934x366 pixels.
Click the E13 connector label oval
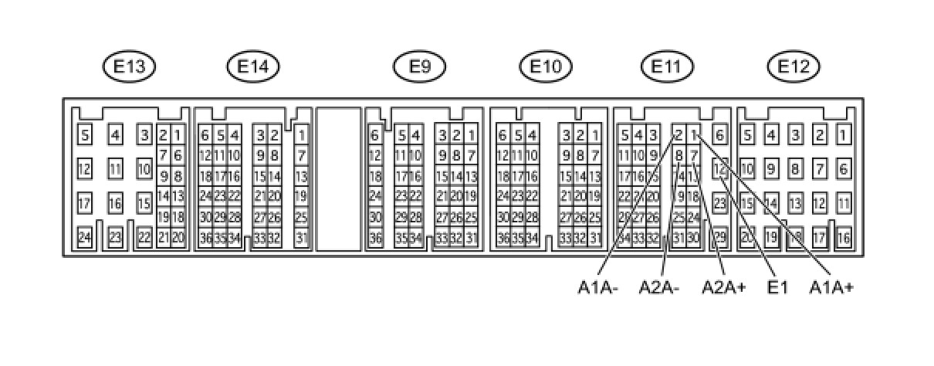click(129, 67)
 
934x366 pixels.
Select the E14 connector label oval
click(253, 67)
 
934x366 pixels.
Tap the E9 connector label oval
click(419, 67)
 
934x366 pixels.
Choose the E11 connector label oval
click(666, 67)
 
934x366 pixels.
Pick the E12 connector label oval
click(793, 67)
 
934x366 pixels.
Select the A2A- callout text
click(658, 288)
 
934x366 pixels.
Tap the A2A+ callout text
click(723, 288)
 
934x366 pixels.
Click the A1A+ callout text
click(831, 288)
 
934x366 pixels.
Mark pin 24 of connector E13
click(85, 237)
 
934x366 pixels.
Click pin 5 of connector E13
click(85, 136)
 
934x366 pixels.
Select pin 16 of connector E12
click(844, 237)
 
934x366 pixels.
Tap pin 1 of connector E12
click(844, 136)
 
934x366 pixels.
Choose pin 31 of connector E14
click(301, 237)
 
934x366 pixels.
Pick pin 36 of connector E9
click(375, 238)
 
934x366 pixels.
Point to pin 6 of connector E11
click(719, 136)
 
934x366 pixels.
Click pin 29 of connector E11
click(719, 236)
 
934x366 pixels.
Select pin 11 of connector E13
click(115, 168)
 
